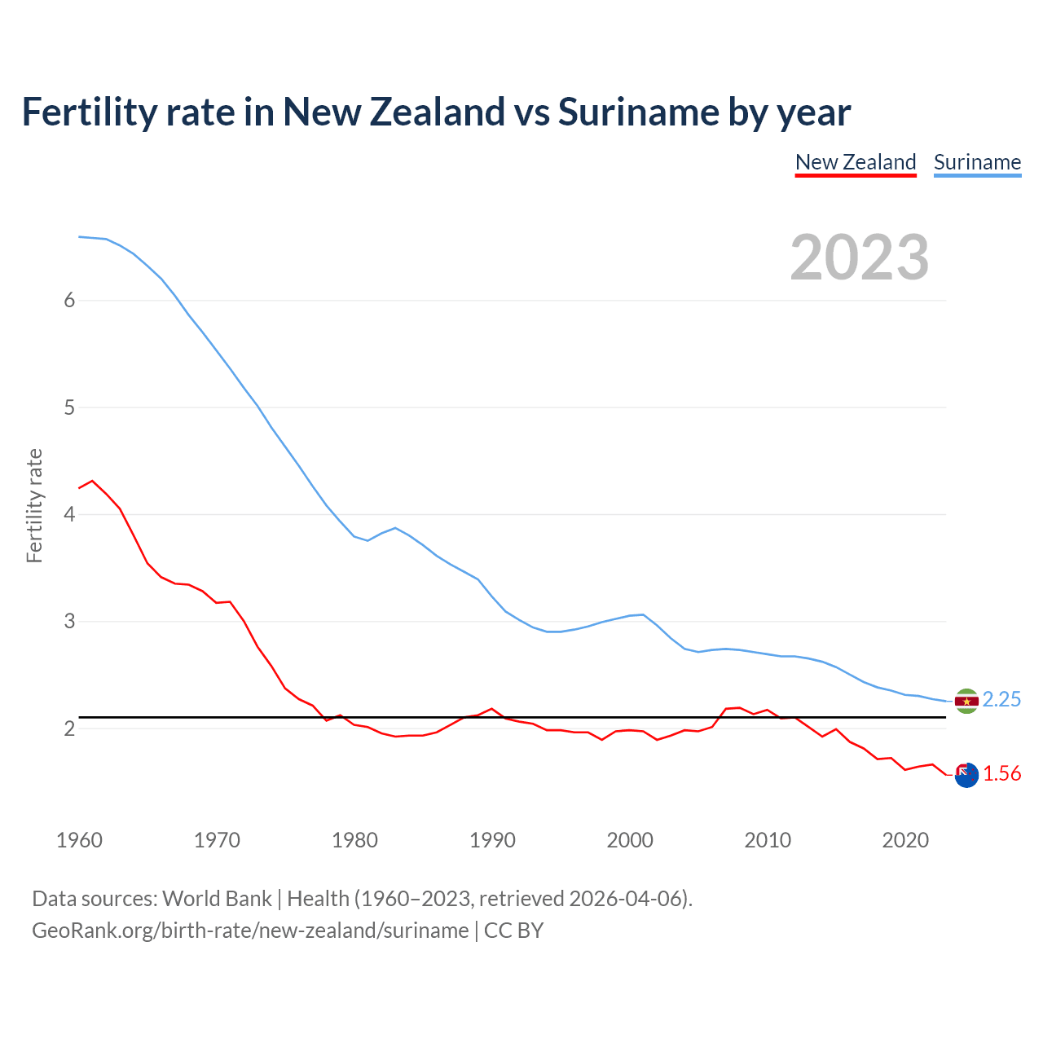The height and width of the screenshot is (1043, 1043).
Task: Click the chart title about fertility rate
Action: [x=436, y=112]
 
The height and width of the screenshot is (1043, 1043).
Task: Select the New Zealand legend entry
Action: [x=856, y=162]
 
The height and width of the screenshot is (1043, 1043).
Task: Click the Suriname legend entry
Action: [x=977, y=162]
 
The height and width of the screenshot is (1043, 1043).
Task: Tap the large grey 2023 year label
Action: [x=860, y=257]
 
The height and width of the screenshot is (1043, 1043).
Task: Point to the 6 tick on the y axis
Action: [x=69, y=301]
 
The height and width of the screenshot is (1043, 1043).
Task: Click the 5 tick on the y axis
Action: [x=69, y=407]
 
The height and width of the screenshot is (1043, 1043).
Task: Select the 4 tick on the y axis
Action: [x=69, y=514]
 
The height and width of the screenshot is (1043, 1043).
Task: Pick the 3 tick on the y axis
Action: [x=69, y=622]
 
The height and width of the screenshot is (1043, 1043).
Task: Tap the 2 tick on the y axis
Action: [x=69, y=728]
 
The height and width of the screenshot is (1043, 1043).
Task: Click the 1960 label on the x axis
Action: [x=79, y=840]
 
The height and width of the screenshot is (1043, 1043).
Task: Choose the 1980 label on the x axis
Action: [x=354, y=840]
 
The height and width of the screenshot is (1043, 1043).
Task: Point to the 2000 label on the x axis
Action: [x=630, y=840]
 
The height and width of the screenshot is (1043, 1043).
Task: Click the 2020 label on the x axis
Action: [x=905, y=840]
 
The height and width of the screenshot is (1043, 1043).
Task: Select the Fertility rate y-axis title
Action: [x=34, y=505]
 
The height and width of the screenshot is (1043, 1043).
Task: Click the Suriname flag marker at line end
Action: [x=966, y=701]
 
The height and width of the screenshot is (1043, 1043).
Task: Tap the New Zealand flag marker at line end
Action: [x=966, y=775]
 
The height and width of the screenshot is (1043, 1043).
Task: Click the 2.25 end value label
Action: [x=1001, y=700]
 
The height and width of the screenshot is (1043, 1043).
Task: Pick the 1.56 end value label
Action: [x=1001, y=774]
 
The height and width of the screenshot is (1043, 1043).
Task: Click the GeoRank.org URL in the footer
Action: [x=250, y=931]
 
